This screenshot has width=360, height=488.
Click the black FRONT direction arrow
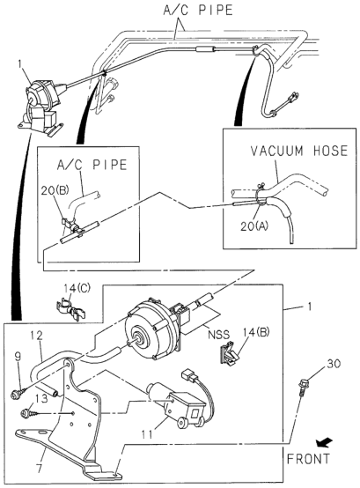pyautogui.click(x=323, y=443)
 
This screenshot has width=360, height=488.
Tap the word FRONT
pyautogui.click(x=308, y=459)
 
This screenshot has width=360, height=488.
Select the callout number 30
pyautogui.click(x=334, y=364)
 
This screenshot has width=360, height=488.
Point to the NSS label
pyautogui.click(x=218, y=335)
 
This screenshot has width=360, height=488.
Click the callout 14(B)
pyautogui.click(x=256, y=332)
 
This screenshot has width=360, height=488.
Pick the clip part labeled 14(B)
pyautogui.click(x=229, y=353)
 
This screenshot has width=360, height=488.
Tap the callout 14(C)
pyautogui.click(x=77, y=288)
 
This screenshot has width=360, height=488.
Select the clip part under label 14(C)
pyautogui.click(x=71, y=308)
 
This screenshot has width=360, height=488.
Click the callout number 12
pyautogui.click(x=36, y=336)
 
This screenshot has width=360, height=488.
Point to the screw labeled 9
pyautogui.click(x=18, y=393)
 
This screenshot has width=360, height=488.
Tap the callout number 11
pyautogui.click(x=147, y=434)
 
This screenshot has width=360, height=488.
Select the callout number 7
pyautogui.click(x=39, y=469)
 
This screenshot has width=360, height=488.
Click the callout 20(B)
pyautogui.click(x=55, y=190)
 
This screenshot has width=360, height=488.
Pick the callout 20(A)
pyautogui.click(x=254, y=226)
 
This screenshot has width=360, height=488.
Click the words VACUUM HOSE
pyautogui.click(x=298, y=151)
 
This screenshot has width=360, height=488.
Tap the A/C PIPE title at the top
pyautogui.click(x=198, y=11)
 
